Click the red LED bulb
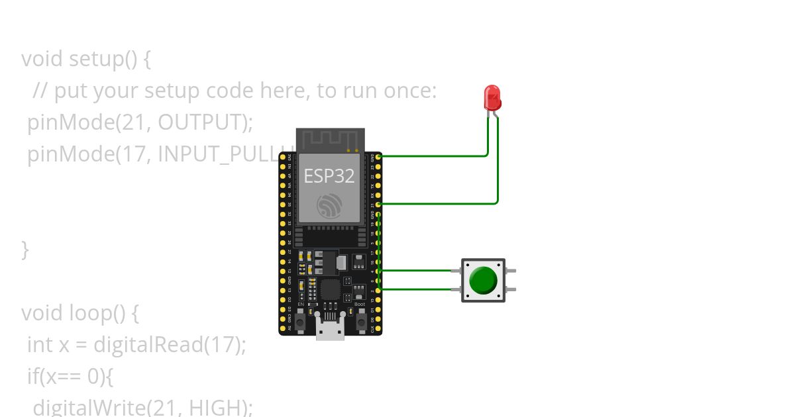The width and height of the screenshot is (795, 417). (x=492, y=97)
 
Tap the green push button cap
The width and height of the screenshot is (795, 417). (x=483, y=280)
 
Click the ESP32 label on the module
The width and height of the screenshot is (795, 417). (x=329, y=176)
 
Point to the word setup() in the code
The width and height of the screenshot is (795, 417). (x=101, y=59)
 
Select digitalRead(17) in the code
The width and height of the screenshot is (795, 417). (x=170, y=344)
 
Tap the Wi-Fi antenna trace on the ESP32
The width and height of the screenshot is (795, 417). (x=330, y=140)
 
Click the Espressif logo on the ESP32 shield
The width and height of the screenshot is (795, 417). (x=329, y=206)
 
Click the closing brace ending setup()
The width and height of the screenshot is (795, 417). (x=25, y=250)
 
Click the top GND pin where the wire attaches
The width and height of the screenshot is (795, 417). (x=378, y=156)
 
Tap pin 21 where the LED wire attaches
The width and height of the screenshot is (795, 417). (x=378, y=204)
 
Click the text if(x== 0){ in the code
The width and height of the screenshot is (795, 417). (x=70, y=376)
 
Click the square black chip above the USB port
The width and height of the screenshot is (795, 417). (x=330, y=289)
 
